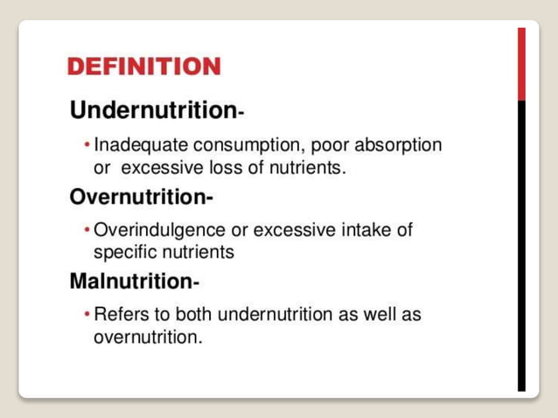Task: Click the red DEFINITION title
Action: pyautogui.click(x=143, y=66)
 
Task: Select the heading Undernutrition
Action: pyautogui.click(x=152, y=111)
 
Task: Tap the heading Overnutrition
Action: pyautogui.click(x=139, y=197)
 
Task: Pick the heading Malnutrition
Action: pyautogui.click(x=131, y=282)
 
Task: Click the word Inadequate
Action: pyautogui.click(x=136, y=144)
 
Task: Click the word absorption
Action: pyautogui.click(x=399, y=144)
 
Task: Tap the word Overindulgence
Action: pyautogui.click(x=158, y=230)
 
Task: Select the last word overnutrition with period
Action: pyautogui.click(x=147, y=337)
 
